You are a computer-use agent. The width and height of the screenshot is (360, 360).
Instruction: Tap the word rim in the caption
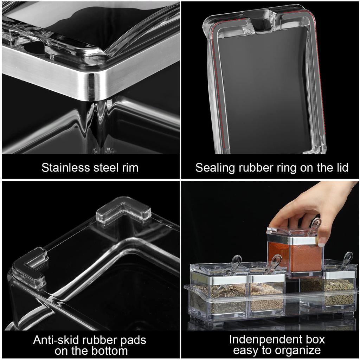(x=130, y=168)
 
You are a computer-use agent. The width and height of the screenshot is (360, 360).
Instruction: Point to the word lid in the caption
(x=340, y=168)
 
